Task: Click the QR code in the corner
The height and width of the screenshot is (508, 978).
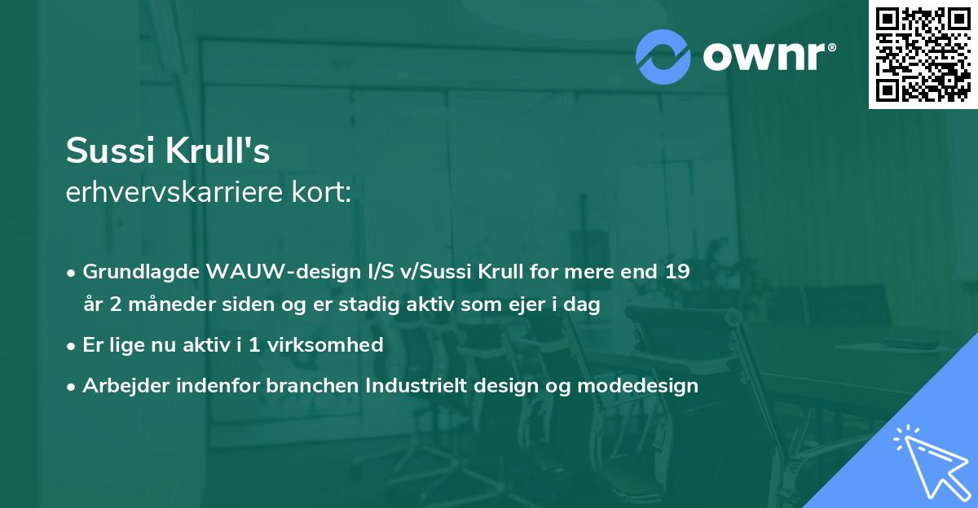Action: pyautogui.click(x=923, y=55)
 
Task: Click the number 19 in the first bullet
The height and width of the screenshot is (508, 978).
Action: pyautogui.click(x=676, y=271)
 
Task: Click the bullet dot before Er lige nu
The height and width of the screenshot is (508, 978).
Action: pyautogui.click(x=73, y=345)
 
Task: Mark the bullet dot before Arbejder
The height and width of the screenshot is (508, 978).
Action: pyautogui.click(x=73, y=386)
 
